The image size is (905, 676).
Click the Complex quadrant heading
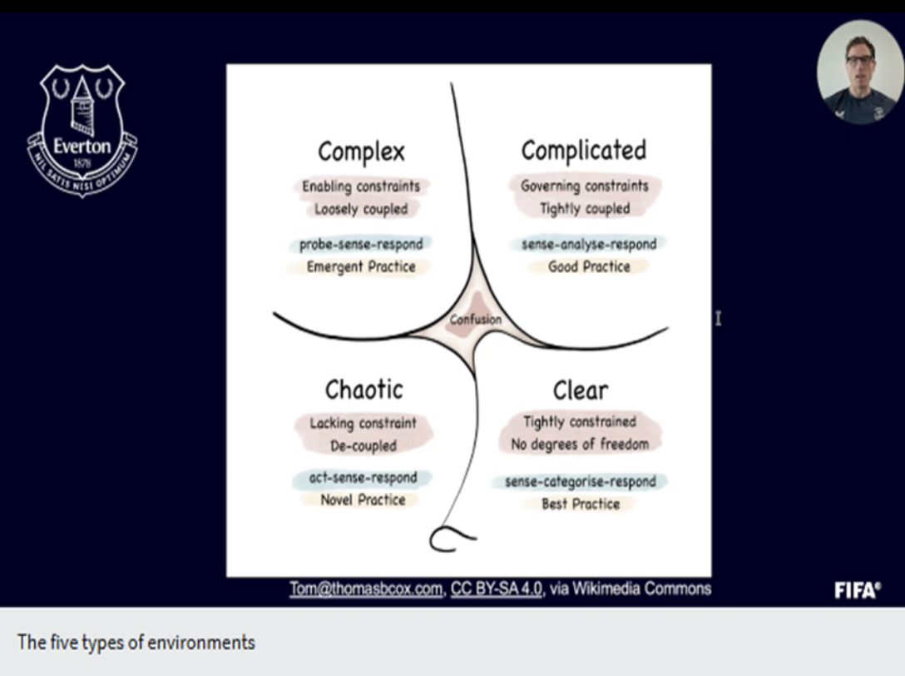361,152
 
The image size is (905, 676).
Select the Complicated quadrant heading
584,150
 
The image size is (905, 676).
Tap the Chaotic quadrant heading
363,390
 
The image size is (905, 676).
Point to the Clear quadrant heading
580,390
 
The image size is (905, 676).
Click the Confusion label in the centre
476,319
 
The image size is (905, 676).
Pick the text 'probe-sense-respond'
361,245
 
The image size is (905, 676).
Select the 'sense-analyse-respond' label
589,244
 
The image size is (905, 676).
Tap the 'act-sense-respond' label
363,478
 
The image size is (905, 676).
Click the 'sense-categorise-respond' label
580,481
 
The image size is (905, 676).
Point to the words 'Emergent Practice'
361,267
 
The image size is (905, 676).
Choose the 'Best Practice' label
581,504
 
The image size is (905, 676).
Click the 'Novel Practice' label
363,500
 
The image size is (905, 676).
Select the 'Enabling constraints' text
361,186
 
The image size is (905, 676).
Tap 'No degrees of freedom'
580,445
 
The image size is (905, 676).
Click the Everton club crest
82,131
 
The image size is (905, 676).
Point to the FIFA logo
858,590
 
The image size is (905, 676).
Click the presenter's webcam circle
861,72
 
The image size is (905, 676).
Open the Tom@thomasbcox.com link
366,589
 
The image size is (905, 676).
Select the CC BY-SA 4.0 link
497,589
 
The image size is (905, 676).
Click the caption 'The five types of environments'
136,643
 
